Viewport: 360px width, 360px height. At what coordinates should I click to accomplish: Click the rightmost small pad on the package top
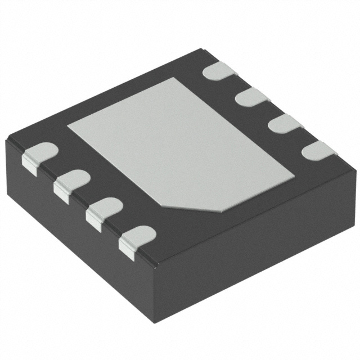[318, 150]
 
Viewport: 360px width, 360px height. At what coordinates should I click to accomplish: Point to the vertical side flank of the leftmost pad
[30, 162]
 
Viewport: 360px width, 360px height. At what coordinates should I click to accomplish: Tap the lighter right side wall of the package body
[259, 242]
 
